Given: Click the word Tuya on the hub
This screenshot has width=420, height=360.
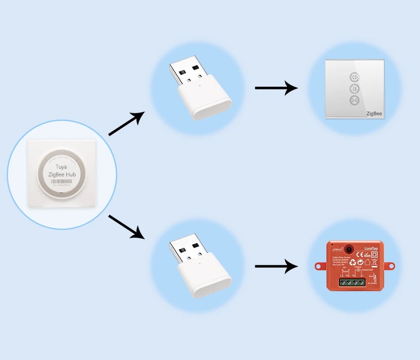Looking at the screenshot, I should point(61,167).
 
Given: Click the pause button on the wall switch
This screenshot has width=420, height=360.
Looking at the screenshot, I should point(355,89).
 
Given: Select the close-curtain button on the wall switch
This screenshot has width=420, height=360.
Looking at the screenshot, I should point(355,100).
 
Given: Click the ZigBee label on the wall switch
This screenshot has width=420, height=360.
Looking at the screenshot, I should point(373,113).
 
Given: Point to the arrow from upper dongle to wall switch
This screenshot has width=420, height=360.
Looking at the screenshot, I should point(276,88).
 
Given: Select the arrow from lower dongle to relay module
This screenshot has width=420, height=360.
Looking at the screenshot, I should point(276,266).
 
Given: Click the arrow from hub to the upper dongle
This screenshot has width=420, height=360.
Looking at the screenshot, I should point(126,124).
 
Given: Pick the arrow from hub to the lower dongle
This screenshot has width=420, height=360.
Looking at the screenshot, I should point(126,227).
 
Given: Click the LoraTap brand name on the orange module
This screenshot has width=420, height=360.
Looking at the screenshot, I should point(372,249).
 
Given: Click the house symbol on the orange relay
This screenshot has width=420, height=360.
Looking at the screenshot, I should point(367,262).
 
